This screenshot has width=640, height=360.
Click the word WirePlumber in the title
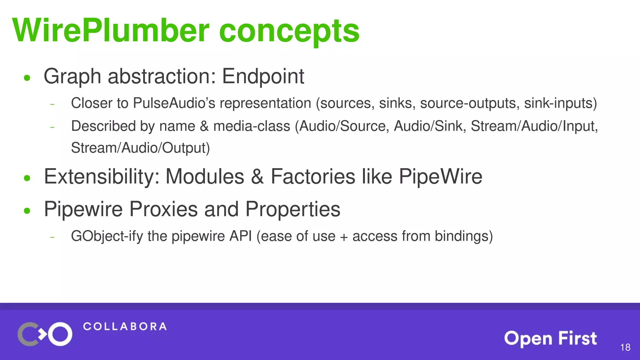click(111, 31)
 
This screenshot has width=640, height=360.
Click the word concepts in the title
click(289, 31)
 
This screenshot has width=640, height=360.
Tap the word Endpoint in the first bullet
click(263, 76)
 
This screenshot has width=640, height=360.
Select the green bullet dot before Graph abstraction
click(27, 78)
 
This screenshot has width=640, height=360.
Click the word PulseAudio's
click(174, 103)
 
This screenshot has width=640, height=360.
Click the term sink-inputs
click(560, 103)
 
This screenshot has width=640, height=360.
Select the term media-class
click(252, 126)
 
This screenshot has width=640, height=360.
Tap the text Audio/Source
click(344, 126)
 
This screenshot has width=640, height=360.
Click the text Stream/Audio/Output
click(140, 148)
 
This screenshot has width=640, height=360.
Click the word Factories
click(313, 177)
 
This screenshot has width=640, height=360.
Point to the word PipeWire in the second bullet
click(440, 177)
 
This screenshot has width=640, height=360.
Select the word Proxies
click(163, 209)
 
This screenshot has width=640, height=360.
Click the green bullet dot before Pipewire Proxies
click(27, 211)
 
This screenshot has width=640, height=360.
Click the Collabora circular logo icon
click(45, 334)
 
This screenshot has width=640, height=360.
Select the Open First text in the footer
click(550, 338)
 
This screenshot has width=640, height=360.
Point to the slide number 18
click(625, 347)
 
